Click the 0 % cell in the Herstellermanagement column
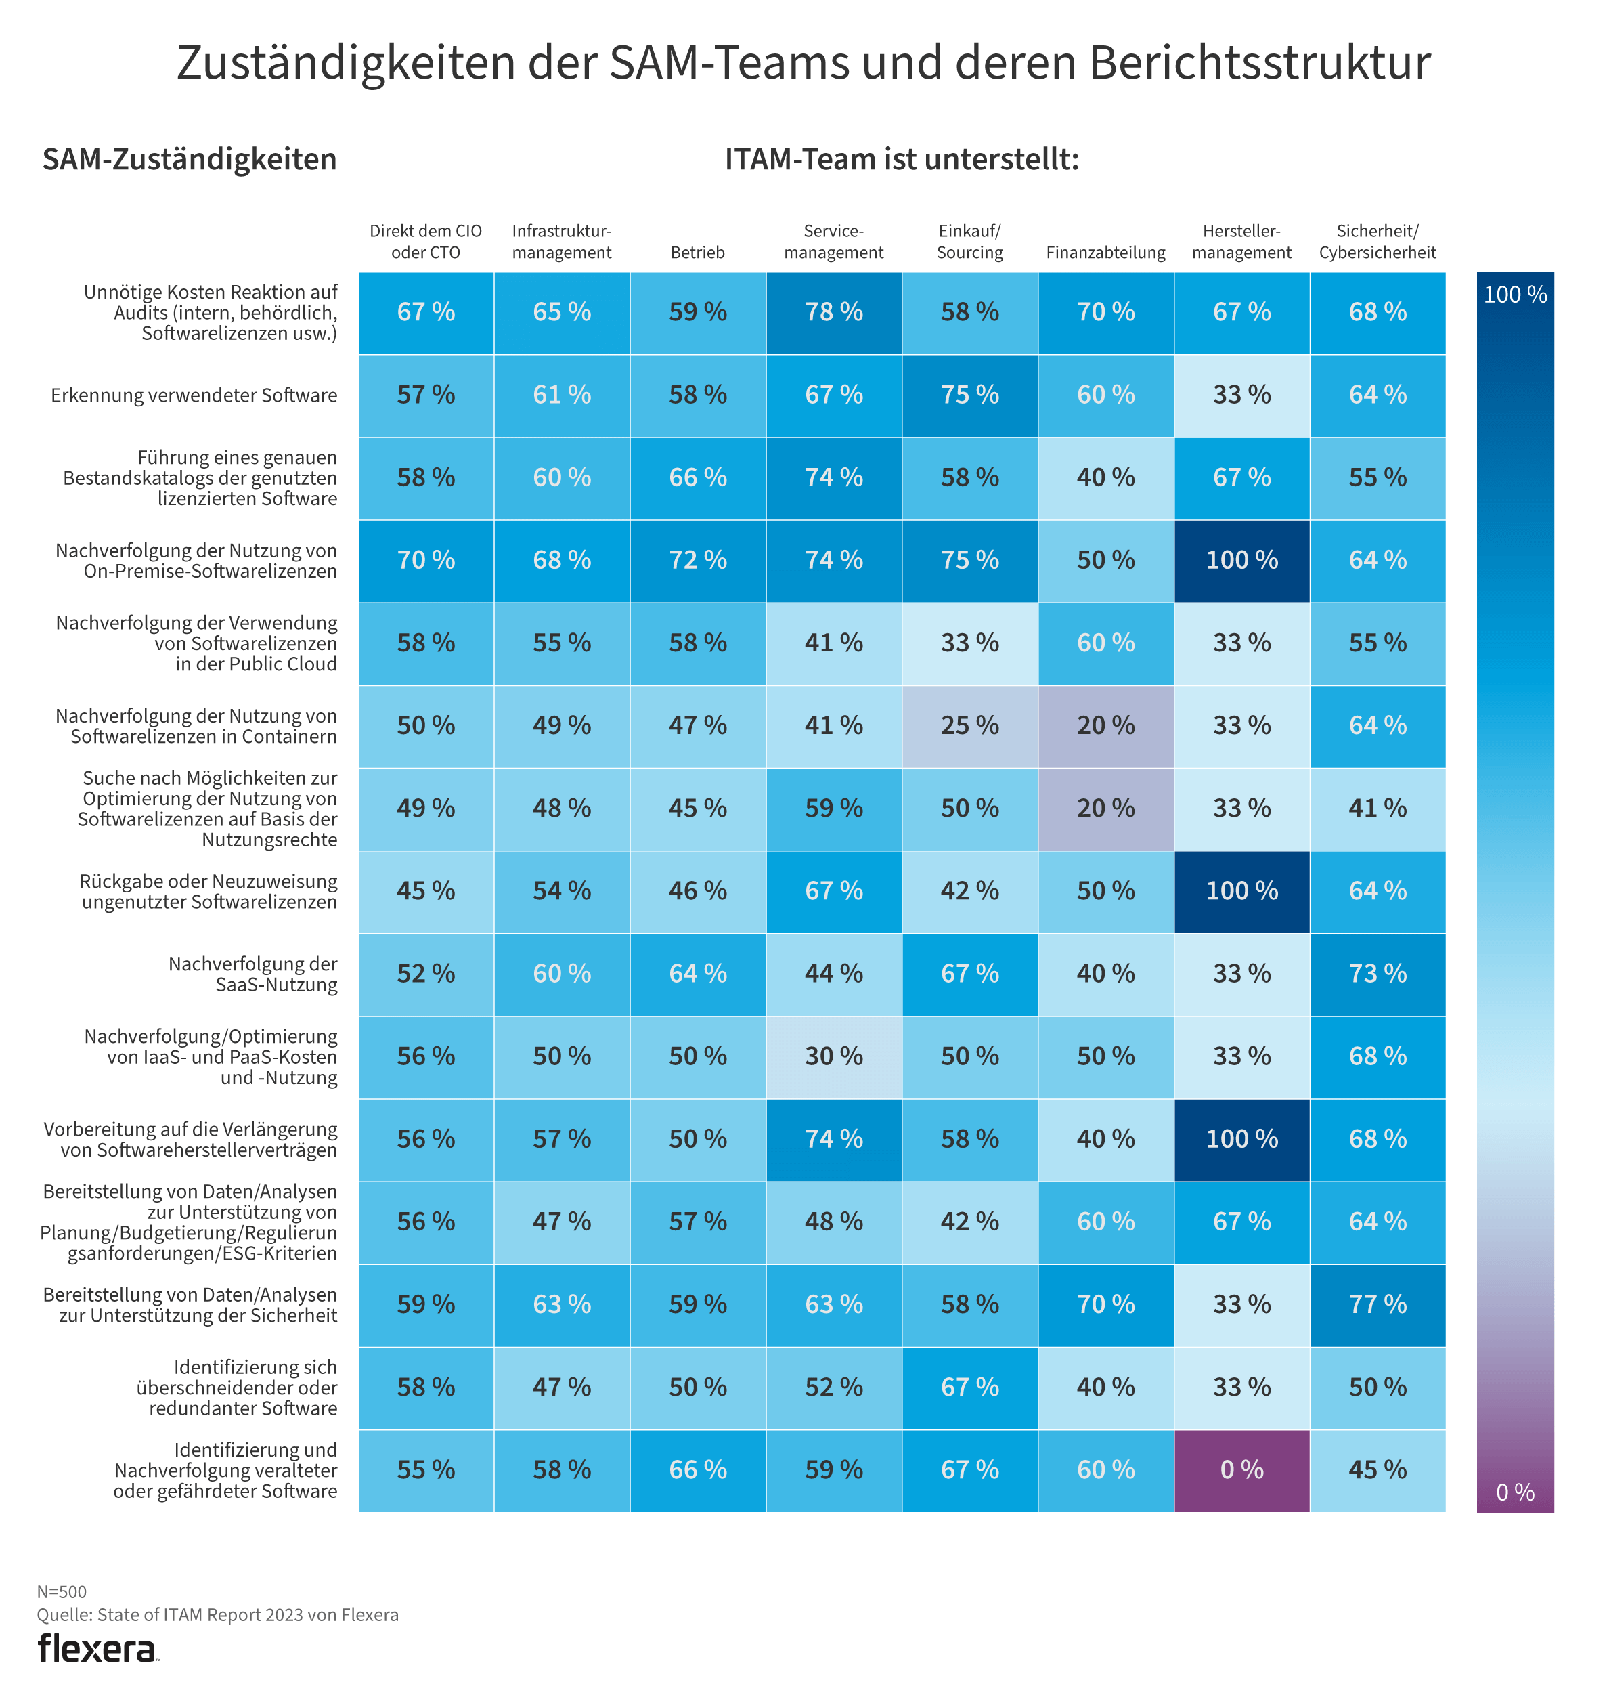pyautogui.click(x=1241, y=1469)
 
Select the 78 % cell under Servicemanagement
pyautogui.click(x=833, y=312)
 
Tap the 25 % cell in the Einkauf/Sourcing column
pyautogui.click(x=969, y=726)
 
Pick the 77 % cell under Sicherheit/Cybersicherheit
pyautogui.click(x=1378, y=1304)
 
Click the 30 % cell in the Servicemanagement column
pyautogui.click(x=833, y=1056)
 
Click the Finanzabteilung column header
pyautogui.click(x=1105, y=253)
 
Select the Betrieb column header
pyautogui.click(x=697, y=253)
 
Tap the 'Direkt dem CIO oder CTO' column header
pyautogui.click(x=426, y=242)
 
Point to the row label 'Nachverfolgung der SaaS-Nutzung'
pyautogui.click(x=252, y=974)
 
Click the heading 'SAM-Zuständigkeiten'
pyautogui.click(x=190, y=159)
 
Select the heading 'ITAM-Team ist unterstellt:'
pyautogui.click(x=901, y=159)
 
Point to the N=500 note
pyautogui.click(x=62, y=1592)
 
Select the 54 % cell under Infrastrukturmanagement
pyautogui.click(x=562, y=891)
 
